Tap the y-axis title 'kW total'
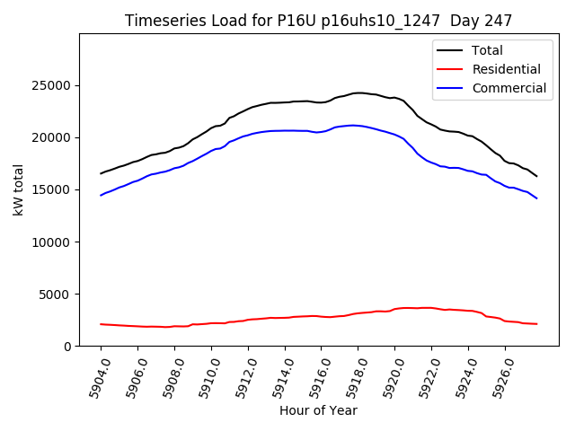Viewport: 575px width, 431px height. click(18, 190)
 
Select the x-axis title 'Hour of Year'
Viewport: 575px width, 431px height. click(318, 410)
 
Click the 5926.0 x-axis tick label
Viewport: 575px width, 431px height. click(497, 376)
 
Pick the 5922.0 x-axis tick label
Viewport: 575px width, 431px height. click(423, 376)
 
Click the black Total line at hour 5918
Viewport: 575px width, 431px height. click(358, 92)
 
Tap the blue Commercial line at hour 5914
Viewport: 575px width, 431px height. click(285, 130)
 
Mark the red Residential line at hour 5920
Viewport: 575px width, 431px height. click(394, 309)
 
